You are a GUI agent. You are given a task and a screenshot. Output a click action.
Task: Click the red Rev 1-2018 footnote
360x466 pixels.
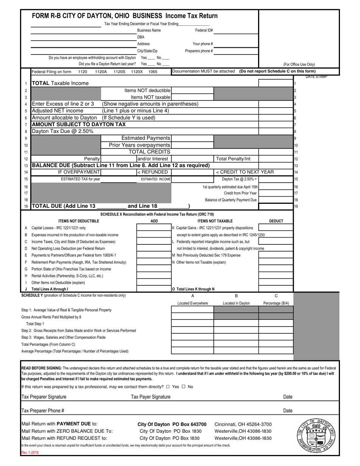pyautogui.click(x=30, y=452)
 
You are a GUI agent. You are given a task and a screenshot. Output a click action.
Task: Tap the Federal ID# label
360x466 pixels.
pyautogui.click(x=204, y=30)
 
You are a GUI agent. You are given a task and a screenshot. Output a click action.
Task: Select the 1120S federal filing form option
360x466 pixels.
pyautogui.click(x=119, y=71)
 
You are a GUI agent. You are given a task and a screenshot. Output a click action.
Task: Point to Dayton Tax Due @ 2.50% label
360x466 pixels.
pyautogui.click(x=62, y=131)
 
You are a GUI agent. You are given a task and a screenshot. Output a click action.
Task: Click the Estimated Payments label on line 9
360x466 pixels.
pyautogui.click(x=146, y=138)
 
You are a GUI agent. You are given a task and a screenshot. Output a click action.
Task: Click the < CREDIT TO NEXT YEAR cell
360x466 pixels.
pyautogui.click(x=245, y=172)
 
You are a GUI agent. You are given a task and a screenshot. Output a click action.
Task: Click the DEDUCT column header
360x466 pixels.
pyautogui.click(x=276, y=221)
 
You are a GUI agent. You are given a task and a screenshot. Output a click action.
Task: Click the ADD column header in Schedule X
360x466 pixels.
pyautogui.click(x=154, y=221)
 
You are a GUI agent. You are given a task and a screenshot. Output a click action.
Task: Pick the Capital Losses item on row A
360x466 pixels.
pyautogui.click(x=58, y=228)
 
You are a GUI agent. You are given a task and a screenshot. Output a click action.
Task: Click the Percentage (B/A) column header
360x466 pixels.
pyautogui.click(x=276, y=303)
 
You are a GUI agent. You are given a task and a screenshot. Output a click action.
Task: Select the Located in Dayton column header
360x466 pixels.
pyautogui.click(x=236, y=303)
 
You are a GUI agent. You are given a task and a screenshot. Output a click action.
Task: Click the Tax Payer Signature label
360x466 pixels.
pyautogui.click(x=150, y=397)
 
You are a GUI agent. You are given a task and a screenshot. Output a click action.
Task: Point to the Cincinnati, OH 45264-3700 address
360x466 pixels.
pyautogui.click(x=243, y=424)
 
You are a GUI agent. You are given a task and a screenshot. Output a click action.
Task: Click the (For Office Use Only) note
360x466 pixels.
pyautogui.click(x=299, y=64)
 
